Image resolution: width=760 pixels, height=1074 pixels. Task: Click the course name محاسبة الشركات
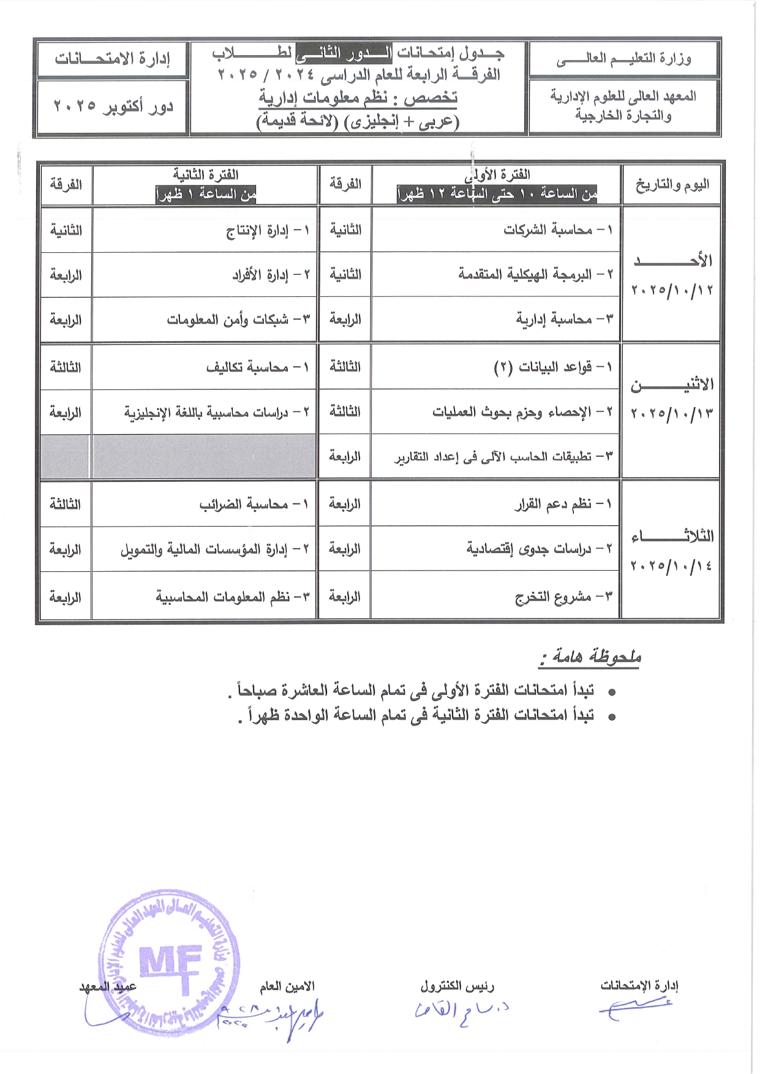click(557, 230)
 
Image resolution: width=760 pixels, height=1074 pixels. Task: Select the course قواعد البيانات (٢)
click(552, 367)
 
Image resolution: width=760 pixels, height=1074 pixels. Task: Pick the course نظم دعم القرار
click(562, 504)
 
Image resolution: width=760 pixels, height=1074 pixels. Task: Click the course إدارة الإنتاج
click(268, 230)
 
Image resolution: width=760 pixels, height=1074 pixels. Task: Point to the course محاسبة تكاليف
click(257, 367)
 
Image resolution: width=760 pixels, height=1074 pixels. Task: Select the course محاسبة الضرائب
click(254, 505)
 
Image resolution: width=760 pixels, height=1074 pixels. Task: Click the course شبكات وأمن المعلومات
click(238, 320)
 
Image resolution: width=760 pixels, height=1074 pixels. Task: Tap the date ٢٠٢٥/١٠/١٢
click(672, 290)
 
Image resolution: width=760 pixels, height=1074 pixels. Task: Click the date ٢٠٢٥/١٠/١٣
click(672, 413)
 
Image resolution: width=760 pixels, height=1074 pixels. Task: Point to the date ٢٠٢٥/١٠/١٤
click(671, 565)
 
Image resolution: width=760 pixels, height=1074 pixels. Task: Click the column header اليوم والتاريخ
click(672, 184)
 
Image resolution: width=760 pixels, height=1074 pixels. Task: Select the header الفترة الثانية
click(206, 175)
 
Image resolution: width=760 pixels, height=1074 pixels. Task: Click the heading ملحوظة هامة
click(590, 657)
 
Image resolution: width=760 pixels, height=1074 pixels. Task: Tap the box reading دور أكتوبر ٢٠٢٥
click(113, 107)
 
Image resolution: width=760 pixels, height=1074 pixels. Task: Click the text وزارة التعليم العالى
click(623, 59)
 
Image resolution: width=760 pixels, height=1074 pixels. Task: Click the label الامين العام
click(287, 986)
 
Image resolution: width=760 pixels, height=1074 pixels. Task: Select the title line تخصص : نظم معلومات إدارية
click(358, 98)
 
